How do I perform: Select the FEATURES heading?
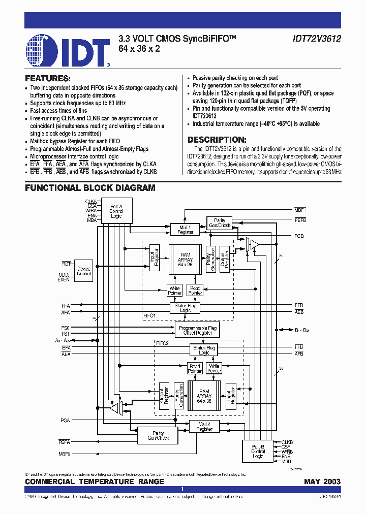(48, 79)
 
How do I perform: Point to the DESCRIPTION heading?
(217, 140)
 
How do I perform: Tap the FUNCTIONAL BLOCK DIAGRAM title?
(90, 188)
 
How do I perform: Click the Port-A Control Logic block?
(116, 211)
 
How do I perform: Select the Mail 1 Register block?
(186, 230)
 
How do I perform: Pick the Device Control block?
(83, 271)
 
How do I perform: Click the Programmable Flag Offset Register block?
(197, 331)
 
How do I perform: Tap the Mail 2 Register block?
(204, 427)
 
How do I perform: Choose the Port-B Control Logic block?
(258, 451)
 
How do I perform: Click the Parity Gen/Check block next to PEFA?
(158, 435)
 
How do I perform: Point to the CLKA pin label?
(91, 202)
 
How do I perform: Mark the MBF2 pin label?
(65, 453)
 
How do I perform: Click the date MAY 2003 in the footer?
(322, 481)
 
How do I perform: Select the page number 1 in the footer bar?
(182, 490)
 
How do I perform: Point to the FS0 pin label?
(66, 328)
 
